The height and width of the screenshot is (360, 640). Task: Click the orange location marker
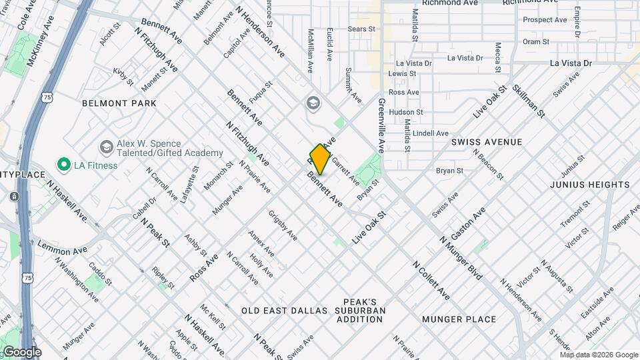pyautogui.click(x=320, y=159)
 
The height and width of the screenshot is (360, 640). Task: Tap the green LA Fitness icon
pyautogui.click(x=64, y=164)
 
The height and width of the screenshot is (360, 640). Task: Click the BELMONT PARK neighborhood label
pyautogui.click(x=119, y=103)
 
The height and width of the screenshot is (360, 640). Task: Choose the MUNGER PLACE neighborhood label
pyautogui.click(x=459, y=319)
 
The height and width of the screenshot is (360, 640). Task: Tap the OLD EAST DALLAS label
pyautogui.click(x=285, y=311)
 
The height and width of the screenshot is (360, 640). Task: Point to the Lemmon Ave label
pyautogui.click(x=63, y=248)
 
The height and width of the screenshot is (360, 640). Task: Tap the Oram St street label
pyautogui.click(x=535, y=41)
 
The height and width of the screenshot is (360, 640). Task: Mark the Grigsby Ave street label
pyautogui.click(x=282, y=225)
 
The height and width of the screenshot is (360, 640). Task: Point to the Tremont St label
pyautogui.click(x=571, y=217)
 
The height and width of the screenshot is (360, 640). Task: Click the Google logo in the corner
pyautogui.click(x=22, y=352)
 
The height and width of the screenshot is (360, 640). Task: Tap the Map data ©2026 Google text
pyautogui.click(x=599, y=355)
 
